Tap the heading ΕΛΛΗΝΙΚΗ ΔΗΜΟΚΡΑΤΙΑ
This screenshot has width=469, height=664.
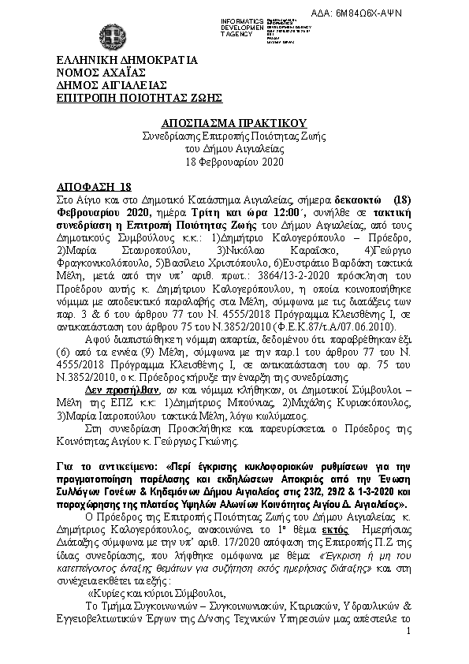point(126,60)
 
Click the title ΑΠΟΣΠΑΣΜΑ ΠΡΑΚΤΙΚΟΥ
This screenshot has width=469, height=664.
point(234,124)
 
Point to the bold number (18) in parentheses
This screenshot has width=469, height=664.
point(402,200)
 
